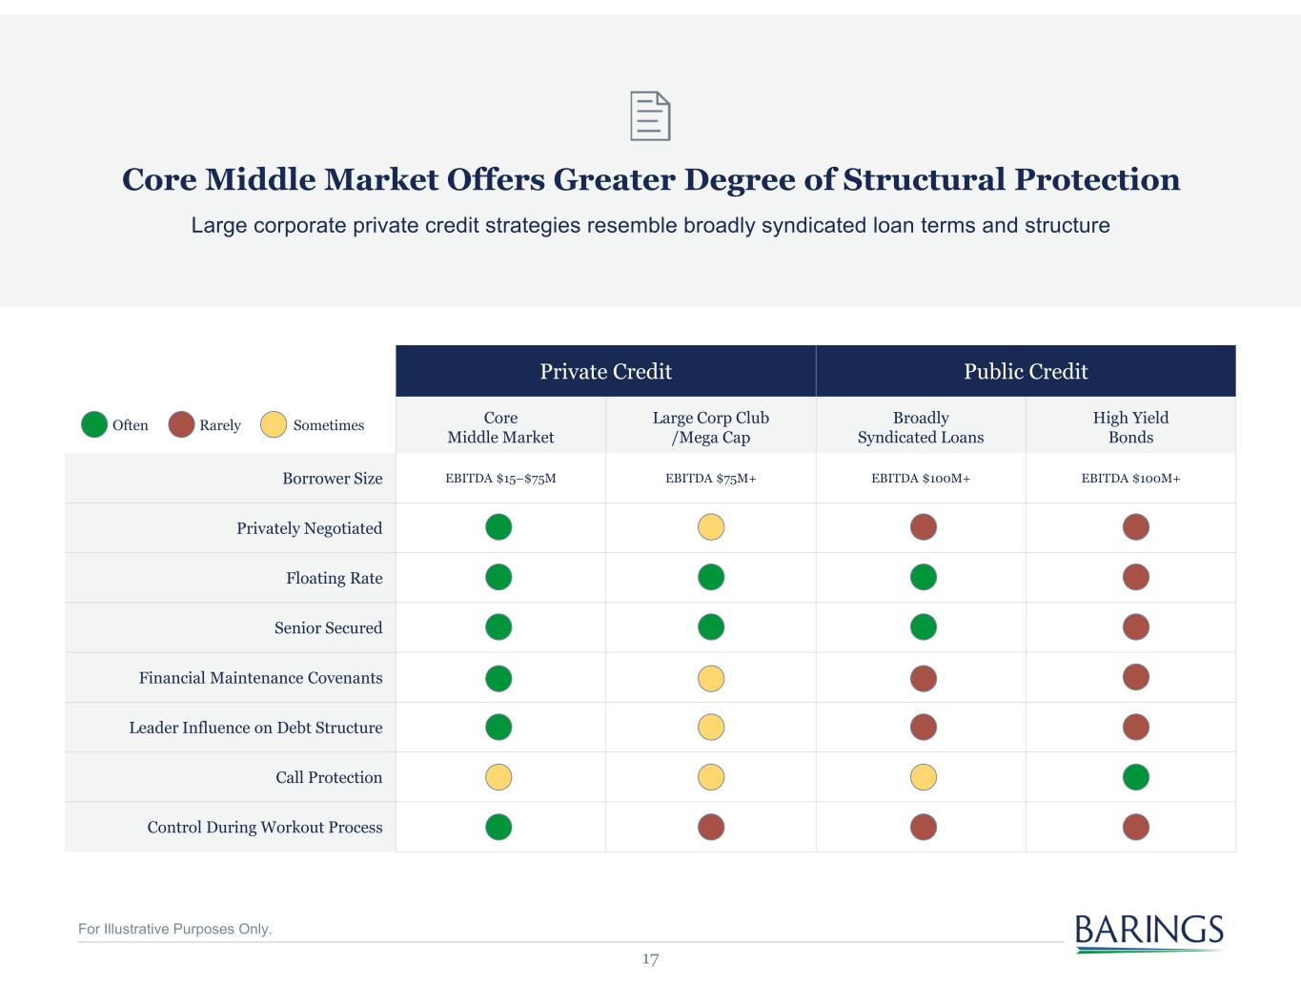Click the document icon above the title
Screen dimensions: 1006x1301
tap(650, 116)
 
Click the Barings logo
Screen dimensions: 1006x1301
tap(1149, 932)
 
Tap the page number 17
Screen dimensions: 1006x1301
tap(650, 959)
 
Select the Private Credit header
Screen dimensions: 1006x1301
tap(605, 371)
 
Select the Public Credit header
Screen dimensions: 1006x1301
tap(1026, 371)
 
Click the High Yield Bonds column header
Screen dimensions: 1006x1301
tap(1130, 427)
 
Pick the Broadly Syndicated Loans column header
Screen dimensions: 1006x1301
tap(921, 427)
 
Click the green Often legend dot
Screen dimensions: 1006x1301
tap(94, 424)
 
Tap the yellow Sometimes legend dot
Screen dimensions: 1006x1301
tap(274, 424)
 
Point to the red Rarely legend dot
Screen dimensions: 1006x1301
tap(181, 424)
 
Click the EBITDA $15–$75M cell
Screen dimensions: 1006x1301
tap(500, 479)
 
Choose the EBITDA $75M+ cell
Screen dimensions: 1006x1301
tap(711, 479)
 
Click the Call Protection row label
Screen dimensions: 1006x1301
tap(329, 777)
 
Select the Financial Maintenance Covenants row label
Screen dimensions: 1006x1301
tap(260, 678)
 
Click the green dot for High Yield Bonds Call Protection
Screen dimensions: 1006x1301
tap(1135, 777)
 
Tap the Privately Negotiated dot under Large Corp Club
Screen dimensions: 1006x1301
tap(711, 527)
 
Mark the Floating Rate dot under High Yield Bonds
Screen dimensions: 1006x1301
tap(1135, 577)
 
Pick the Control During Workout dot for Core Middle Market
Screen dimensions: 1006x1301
tap(498, 827)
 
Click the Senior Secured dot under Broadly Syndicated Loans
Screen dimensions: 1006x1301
tap(924, 626)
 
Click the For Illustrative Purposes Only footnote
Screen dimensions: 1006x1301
tap(174, 929)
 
